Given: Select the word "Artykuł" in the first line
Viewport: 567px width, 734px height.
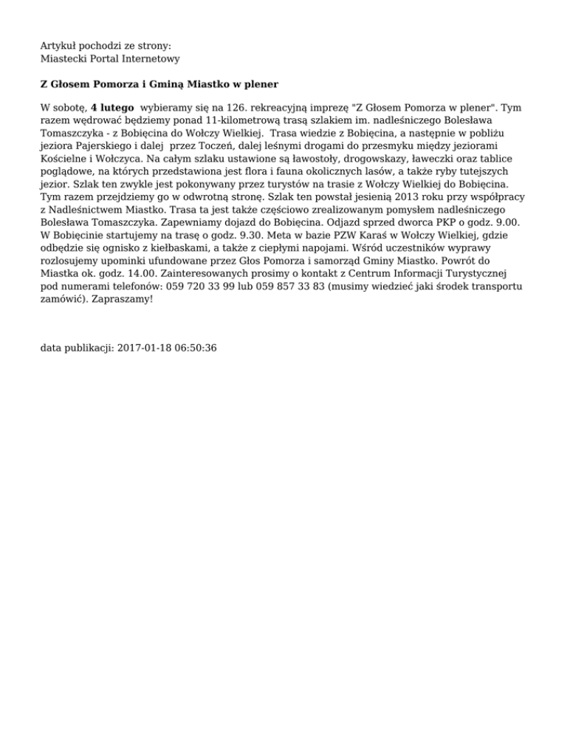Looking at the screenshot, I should tap(58, 46).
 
